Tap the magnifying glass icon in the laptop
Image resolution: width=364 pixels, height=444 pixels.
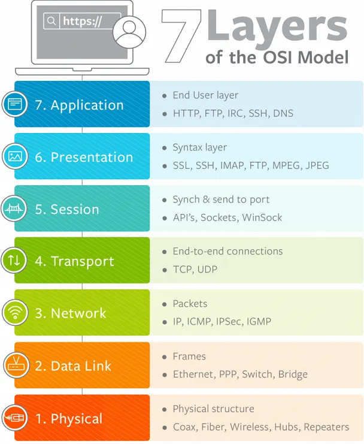tap(51, 21)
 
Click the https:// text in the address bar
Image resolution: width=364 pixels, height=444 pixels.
tap(83, 21)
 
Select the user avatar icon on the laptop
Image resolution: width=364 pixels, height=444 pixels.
tap(129, 31)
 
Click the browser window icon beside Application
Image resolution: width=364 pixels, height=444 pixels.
tap(14, 105)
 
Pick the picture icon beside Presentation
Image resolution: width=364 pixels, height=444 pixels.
tap(14, 157)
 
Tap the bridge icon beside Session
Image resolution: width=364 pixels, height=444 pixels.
tap(14, 209)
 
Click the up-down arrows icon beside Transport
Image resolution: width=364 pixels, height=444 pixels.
tap(14, 261)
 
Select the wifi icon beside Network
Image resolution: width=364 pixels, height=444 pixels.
tap(14, 313)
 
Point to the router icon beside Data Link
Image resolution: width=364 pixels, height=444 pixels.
tap(14, 365)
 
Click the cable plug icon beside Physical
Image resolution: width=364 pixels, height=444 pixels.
tap(14, 418)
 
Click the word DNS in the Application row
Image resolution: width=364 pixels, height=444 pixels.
tap(283, 113)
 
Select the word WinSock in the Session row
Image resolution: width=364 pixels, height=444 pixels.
tap(262, 218)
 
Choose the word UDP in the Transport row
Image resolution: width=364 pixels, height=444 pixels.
tap(205, 270)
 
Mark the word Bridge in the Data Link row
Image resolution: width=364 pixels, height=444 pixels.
tap(293, 374)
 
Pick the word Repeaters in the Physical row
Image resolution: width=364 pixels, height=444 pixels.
tap(326, 427)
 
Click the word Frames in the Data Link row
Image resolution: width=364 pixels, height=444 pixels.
tap(189, 357)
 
